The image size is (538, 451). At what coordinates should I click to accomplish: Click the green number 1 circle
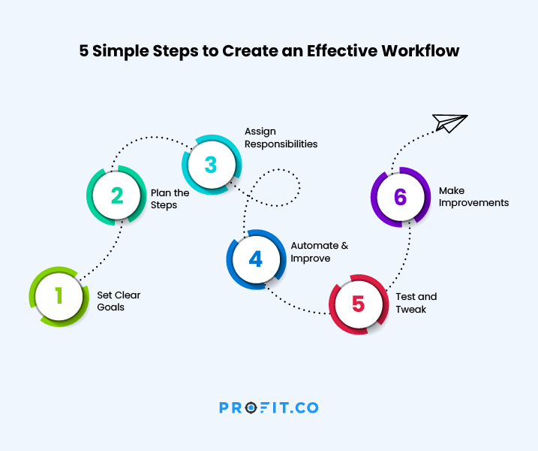[59, 296]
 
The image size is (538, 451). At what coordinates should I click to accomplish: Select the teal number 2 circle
[116, 195]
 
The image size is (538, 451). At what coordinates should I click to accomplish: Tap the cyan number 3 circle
[212, 165]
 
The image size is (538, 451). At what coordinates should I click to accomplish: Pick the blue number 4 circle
[257, 259]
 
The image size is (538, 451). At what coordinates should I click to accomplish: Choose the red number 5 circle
[359, 304]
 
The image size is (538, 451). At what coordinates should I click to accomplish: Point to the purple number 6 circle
[401, 197]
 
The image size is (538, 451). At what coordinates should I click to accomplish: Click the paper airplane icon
[449, 123]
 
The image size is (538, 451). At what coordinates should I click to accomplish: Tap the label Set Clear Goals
[119, 301]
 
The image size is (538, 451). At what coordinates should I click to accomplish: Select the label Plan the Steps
[170, 198]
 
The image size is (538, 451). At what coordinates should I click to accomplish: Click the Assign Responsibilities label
[281, 138]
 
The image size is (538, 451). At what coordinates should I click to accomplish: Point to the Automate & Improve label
[320, 252]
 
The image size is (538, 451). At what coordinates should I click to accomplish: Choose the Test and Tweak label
[416, 303]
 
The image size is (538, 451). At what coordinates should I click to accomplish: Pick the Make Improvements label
[473, 197]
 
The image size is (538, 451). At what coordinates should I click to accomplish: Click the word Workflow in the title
[420, 51]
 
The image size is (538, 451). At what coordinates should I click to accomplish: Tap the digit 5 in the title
[84, 51]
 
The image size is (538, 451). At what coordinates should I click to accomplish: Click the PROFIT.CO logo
[269, 407]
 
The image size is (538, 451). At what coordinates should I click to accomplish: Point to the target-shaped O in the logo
[251, 407]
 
